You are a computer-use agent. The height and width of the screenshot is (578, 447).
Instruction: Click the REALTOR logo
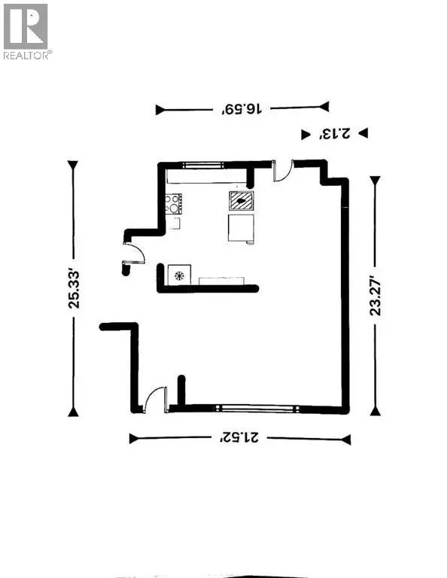[x=27, y=32]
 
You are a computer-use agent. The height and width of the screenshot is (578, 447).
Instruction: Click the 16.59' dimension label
[x=242, y=109]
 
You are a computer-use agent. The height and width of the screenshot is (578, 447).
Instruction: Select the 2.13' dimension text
[x=331, y=134]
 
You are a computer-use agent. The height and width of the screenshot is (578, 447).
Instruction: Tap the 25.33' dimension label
[x=73, y=289]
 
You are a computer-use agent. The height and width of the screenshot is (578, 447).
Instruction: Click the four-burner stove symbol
[x=174, y=203]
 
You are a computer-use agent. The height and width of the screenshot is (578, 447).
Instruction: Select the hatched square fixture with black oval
[x=242, y=199]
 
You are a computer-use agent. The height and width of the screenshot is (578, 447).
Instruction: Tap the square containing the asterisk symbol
[x=180, y=275]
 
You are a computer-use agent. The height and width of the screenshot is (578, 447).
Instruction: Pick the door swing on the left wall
[x=133, y=254]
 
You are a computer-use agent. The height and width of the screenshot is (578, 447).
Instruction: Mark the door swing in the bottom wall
[x=156, y=399]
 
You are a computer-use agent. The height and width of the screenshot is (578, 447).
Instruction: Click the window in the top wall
[x=201, y=163]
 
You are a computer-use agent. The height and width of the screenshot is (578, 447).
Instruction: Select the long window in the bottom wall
[x=255, y=409]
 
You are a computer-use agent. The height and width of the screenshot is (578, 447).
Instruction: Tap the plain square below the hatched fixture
[x=240, y=227]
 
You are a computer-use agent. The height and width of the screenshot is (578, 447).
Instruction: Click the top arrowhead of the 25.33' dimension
[x=73, y=166]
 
